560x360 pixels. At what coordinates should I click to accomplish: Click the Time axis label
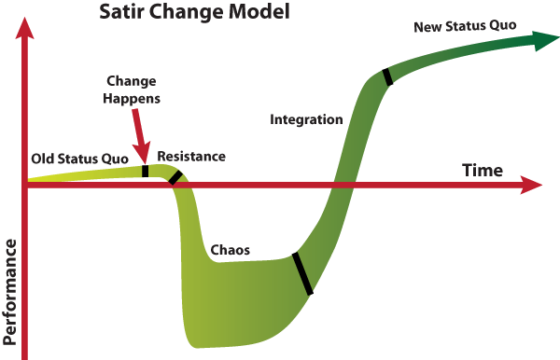pos(483,171)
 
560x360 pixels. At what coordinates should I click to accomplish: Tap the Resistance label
pos(191,156)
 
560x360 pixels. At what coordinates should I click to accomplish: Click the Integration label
pos(306,119)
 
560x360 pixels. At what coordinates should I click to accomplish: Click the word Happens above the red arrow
pos(132,96)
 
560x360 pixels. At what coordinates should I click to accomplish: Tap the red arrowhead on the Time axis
pos(533,185)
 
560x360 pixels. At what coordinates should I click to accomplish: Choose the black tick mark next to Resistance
pos(175,176)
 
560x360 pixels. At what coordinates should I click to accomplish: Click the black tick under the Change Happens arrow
pos(145,171)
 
